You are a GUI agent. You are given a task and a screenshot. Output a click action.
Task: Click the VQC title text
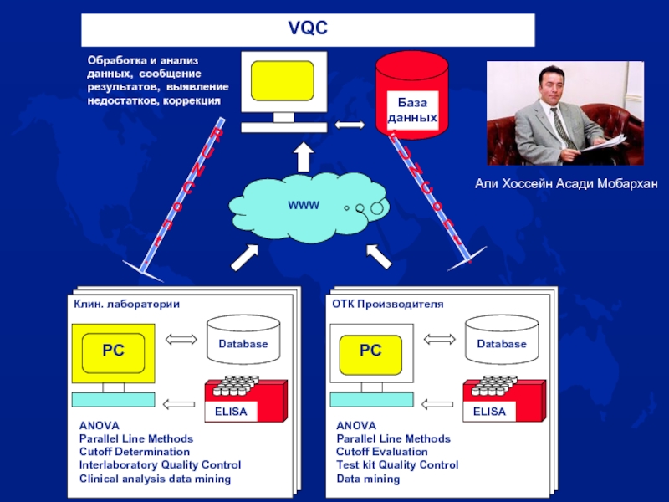(308, 30)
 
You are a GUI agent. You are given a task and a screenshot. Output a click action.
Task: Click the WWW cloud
(304, 205)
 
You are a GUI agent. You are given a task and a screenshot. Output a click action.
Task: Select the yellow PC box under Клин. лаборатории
(113, 351)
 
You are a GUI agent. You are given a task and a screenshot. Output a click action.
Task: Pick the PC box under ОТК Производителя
(370, 351)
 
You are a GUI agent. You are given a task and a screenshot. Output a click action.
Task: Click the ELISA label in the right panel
(490, 412)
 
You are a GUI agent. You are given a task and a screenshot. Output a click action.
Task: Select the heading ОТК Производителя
(388, 304)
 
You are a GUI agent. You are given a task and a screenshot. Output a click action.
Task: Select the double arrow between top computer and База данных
(350, 125)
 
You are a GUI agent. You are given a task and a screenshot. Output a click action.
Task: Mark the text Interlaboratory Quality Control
(160, 465)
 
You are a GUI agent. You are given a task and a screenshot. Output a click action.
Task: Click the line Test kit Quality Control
(397, 465)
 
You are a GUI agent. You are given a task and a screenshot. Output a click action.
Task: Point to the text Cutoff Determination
(134, 452)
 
